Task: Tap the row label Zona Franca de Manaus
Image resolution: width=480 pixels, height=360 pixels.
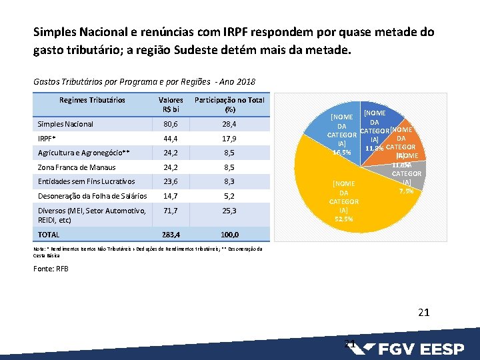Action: click(x=77, y=167)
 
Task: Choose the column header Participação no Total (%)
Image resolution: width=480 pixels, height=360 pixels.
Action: click(x=229, y=105)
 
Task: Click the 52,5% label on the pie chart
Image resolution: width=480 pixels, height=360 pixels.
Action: click(x=344, y=218)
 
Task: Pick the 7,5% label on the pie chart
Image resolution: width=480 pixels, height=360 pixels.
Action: click(x=405, y=191)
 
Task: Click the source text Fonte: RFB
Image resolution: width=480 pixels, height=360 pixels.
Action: click(x=51, y=269)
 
